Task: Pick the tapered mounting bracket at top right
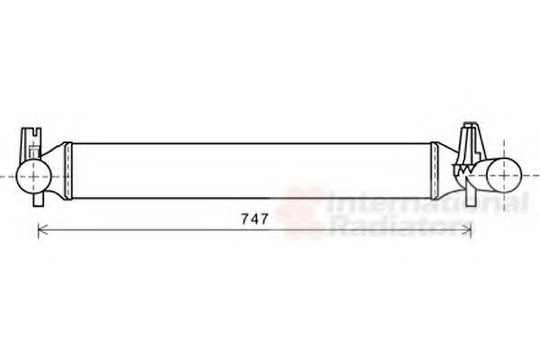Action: (x=470, y=144)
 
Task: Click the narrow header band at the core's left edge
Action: (x=70, y=169)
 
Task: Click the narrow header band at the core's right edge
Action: (x=436, y=169)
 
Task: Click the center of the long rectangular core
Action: (x=253, y=169)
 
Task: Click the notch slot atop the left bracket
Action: (x=32, y=135)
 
